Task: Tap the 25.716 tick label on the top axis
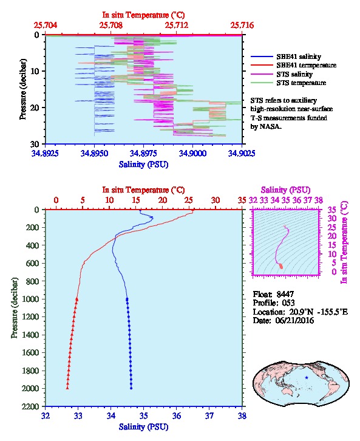(x=242, y=26)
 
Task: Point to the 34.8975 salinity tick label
(x=144, y=153)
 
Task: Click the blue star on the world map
(x=307, y=377)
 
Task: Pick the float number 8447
(x=285, y=294)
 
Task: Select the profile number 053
(x=288, y=303)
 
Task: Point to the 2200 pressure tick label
(x=30, y=406)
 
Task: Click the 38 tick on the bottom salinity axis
(x=242, y=415)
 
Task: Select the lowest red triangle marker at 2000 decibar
(x=67, y=388)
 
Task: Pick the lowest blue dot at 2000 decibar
(x=131, y=388)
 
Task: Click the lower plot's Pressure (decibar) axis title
(x=15, y=308)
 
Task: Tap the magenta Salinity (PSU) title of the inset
(x=285, y=190)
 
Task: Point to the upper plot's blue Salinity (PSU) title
(x=144, y=164)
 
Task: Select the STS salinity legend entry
(x=294, y=74)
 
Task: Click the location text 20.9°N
(x=301, y=312)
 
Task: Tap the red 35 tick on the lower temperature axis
(x=242, y=200)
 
